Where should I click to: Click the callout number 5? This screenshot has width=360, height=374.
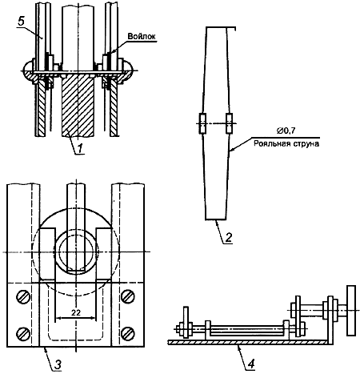click(x=21, y=22)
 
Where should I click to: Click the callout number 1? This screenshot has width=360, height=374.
click(x=81, y=148)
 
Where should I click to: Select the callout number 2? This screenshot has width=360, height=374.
click(x=229, y=237)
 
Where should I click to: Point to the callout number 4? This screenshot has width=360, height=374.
click(x=250, y=364)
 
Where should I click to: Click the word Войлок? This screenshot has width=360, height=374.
click(x=142, y=36)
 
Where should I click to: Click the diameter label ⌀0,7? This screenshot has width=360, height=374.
click(x=286, y=131)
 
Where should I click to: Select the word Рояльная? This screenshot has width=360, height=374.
click(x=269, y=143)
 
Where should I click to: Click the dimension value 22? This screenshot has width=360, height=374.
click(x=76, y=312)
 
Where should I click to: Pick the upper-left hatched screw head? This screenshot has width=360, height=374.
click(x=23, y=296)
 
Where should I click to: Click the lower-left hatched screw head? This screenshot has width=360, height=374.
click(x=23, y=333)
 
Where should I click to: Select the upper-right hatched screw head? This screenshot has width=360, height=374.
click(x=128, y=296)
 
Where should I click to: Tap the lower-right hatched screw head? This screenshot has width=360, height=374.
click(x=128, y=333)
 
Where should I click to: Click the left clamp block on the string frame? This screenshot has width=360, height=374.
click(x=203, y=123)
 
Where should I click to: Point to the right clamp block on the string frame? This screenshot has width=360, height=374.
click(x=229, y=123)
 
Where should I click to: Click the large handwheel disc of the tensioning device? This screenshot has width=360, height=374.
click(x=351, y=311)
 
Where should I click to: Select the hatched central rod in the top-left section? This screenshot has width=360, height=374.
click(x=78, y=106)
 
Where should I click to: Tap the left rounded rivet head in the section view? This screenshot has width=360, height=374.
click(x=29, y=70)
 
